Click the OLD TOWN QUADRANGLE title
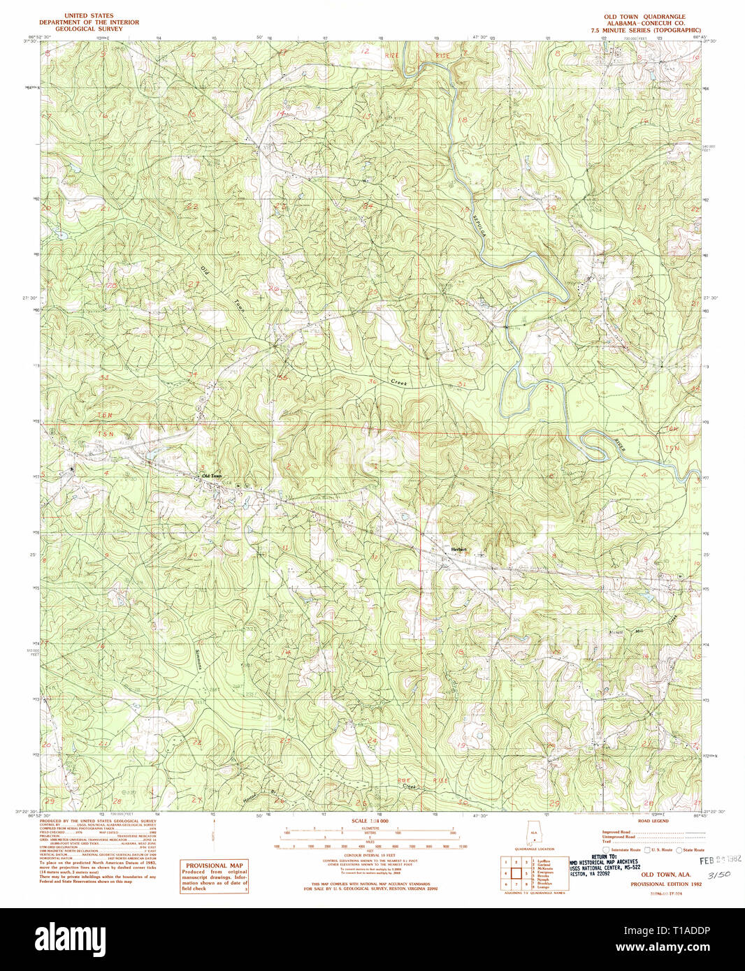tap(644, 17)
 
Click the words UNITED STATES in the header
tap(89, 15)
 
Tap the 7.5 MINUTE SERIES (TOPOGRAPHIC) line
tap(645, 30)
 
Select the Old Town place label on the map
tap(212, 476)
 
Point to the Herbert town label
tap(458, 550)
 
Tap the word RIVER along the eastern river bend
tap(620, 445)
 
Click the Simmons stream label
tap(198, 657)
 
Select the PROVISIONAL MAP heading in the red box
tap(214, 866)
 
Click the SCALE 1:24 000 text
tap(370, 821)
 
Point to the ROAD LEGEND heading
tap(653, 821)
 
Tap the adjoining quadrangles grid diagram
tap(516, 873)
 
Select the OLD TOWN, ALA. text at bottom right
tap(665, 875)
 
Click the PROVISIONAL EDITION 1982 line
tap(665, 884)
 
